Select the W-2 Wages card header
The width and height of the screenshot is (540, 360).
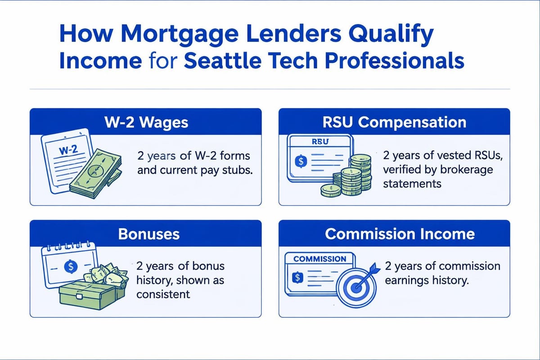[x=146, y=122]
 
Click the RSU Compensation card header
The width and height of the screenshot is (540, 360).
[x=394, y=122]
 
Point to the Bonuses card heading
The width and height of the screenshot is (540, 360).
[x=149, y=234]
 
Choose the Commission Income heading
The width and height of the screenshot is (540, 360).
[x=400, y=234]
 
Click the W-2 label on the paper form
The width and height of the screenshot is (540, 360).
[x=68, y=150]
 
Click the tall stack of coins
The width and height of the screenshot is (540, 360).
[x=360, y=172]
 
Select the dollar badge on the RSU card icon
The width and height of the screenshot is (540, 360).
[x=301, y=161]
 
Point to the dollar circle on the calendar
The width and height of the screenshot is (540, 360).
[x=71, y=266]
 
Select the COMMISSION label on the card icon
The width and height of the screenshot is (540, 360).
[x=319, y=259]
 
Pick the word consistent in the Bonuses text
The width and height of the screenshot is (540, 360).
[x=163, y=294]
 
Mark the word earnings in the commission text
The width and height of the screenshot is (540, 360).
[x=407, y=281]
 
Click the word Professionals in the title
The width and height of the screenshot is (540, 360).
[x=394, y=60]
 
